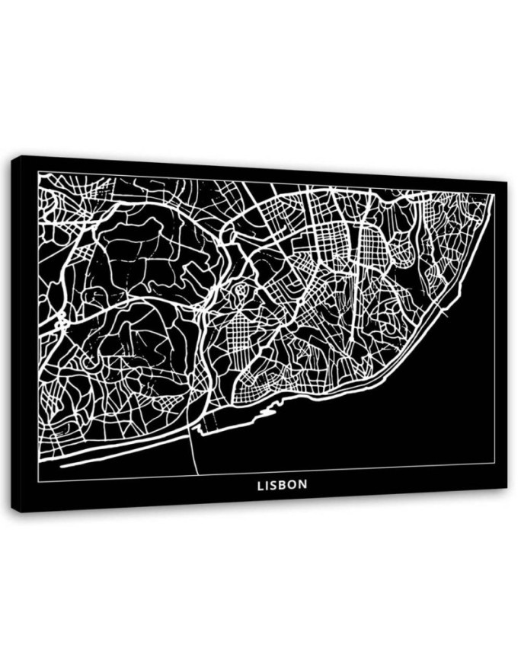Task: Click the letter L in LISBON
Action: click(260, 484)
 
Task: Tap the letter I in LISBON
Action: click(269, 484)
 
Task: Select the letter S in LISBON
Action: click(276, 484)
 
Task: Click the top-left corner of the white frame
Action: click(38, 173)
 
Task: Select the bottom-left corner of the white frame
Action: click(38, 481)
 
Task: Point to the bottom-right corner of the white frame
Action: click(494, 463)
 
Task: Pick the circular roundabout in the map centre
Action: click(241, 289)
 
